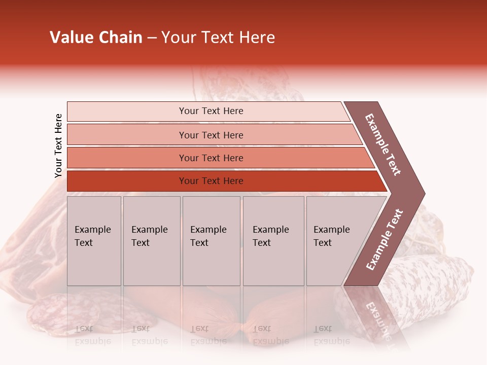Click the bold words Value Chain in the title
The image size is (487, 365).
(x=96, y=38)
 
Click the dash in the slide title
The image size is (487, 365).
(x=152, y=38)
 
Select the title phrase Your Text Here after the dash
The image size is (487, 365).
(x=218, y=38)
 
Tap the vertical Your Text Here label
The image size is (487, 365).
(x=58, y=145)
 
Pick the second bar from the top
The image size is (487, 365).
(x=211, y=135)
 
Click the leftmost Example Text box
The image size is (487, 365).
(x=94, y=241)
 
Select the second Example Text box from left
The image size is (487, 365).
(x=151, y=241)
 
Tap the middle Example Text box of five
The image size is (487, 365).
(x=211, y=241)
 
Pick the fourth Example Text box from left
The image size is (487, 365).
(x=273, y=241)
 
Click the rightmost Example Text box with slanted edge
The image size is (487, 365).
(x=335, y=241)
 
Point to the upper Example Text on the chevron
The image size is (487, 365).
(x=383, y=144)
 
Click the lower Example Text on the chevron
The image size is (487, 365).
(x=385, y=240)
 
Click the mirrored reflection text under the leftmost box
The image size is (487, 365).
(x=93, y=335)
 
